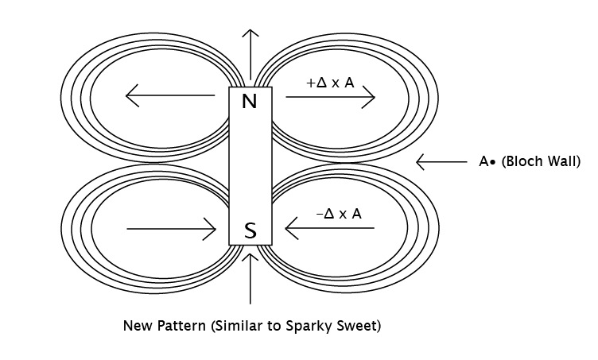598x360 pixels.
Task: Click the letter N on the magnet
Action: click(250, 102)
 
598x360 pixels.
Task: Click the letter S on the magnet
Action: click(250, 230)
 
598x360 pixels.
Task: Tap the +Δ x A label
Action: click(330, 83)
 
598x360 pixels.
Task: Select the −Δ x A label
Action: click(339, 214)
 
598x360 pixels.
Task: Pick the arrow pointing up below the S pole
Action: click(250, 278)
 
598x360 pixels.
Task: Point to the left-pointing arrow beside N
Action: click(170, 95)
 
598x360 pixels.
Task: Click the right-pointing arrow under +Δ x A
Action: click(331, 97)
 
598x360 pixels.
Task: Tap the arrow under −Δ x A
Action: click(330, 228)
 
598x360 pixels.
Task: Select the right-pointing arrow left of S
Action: click(172, 229)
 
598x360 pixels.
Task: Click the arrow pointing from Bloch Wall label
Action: click(441, 162)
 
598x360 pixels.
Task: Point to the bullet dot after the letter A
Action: click(493, 163)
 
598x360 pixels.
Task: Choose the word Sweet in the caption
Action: click(357, 326)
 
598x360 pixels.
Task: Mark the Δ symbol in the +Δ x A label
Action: click(322, 83)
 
